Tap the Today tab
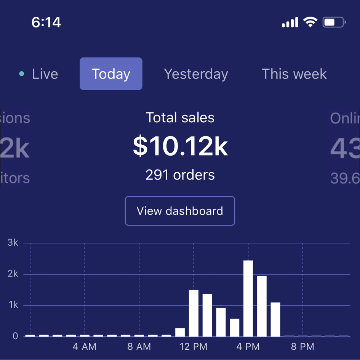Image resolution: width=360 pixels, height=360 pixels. pyautogui.click(x=111, y=74)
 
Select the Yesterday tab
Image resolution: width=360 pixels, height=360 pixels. pyautogui.click(x=196, y=74)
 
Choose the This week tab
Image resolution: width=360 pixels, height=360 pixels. pyautogui.click(x=294, y=74)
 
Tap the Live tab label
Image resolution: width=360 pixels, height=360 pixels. pyautogui.click(x=45, y=74)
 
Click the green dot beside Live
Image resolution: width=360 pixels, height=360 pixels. pyautogui.click(x=22, y=74)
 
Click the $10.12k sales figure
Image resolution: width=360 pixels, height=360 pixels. pyautogui.click(x=180, y=147)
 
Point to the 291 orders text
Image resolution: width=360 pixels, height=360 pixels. pyautogui.click(x=180, y=175)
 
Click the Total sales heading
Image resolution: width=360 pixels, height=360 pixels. pyautogui.click(x=180, y=118)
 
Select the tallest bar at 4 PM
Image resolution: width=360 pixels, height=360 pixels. pyautogui.click(x=248, y=298)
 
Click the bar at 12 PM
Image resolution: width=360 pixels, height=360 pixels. pyautogui.click(x=194, y=313)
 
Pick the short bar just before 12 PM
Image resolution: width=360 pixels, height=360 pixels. pyautogui.click(x=180, y=332)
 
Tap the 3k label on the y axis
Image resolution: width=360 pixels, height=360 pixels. pyautogui.click(x=13, y=243)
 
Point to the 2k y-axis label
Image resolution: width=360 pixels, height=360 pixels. pyautogui.click(x=13, y=274)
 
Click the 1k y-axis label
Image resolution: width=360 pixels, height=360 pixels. pyautogui.click(x=13, y=305)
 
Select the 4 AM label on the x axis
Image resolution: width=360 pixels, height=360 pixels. pyautogui.click(x=85, y=347)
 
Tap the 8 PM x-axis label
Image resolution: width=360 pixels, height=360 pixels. pyautogui.click(x=303, y=347)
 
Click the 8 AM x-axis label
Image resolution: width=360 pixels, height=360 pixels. pyautogui.click(x=139, y=347)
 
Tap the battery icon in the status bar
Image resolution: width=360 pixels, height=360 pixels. pyautogui.click(x=334, y=22)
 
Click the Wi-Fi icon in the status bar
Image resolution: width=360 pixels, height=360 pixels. pyautogui.click(x=310, y=22)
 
